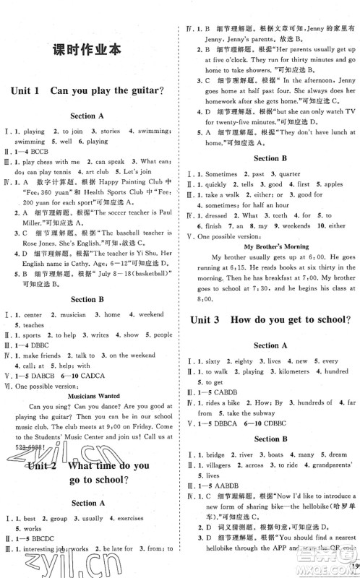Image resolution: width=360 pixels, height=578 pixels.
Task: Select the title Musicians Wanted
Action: click(87, 396)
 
